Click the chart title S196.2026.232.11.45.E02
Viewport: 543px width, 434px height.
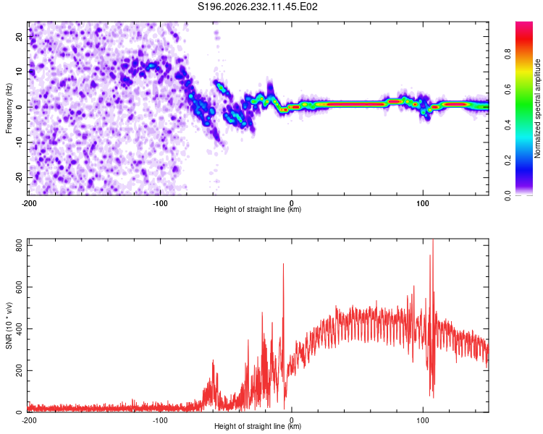coord(257,7)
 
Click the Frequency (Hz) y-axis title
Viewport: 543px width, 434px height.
coord(9,109)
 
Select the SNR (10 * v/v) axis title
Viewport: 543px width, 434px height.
coord(9,325)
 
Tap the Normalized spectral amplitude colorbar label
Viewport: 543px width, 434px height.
coord(537,109)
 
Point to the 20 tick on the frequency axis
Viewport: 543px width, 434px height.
coord(20,36)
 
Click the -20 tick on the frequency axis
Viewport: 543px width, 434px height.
coord(20,177)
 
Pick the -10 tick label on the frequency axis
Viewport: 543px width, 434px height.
coord(20,142)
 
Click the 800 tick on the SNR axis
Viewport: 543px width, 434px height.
coord(20,246)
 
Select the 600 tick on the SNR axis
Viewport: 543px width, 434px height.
coord(20,287)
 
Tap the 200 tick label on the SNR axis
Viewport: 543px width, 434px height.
coord(20,370)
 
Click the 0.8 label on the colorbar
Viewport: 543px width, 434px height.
coord(508,54)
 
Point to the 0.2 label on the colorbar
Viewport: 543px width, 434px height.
coord(508,160)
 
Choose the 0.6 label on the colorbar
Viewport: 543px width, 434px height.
coord(508,89)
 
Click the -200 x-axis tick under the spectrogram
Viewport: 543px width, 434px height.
coord(29,203)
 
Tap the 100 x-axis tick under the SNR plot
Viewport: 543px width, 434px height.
coord(423,420)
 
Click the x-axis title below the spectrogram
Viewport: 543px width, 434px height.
coord(258,209)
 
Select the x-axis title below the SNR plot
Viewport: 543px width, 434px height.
coord(258,426)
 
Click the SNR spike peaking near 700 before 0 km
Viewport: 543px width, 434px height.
coord(283,264)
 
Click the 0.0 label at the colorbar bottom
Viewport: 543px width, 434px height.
coord(508,196)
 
